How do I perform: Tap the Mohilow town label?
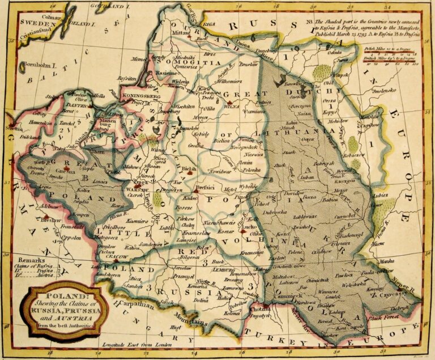point(339,121)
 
